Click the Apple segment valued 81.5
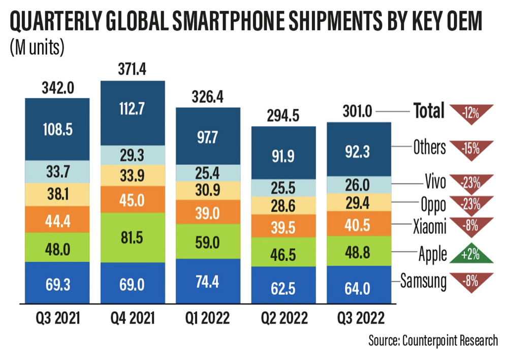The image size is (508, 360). coord(133,237)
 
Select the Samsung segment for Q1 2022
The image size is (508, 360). coord(208,281)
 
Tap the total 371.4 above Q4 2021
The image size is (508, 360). coord(133,69)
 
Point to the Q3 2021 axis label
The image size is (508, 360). coord(57,319)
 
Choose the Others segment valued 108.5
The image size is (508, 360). coord(57,128)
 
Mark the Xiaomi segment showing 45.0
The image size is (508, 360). coord(133,199)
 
